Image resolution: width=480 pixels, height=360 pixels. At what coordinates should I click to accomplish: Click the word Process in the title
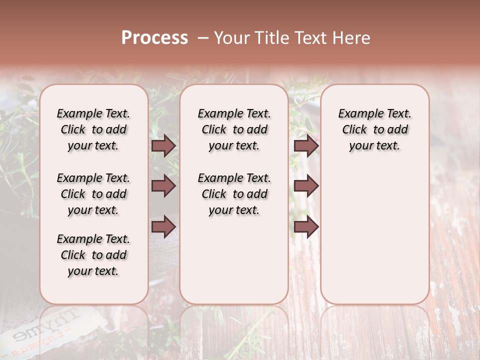[154, 38]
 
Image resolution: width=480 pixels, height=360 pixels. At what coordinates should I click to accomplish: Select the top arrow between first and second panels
[163, 145]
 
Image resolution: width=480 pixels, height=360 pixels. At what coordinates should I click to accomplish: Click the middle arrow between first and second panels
[163, 186]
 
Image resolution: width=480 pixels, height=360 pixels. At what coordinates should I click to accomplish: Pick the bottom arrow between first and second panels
[163, 226]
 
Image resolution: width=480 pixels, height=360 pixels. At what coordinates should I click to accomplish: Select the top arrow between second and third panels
[306, 145]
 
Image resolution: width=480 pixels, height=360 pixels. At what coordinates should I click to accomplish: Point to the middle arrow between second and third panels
[306, 186]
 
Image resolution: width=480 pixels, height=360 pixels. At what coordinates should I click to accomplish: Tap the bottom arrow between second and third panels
[306, 226]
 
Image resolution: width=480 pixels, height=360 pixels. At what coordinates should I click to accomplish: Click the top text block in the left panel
[93, 129]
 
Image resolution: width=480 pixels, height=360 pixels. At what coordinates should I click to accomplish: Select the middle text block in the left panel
[93, 194]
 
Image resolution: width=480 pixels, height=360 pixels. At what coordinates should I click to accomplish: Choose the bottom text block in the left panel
[93, 255]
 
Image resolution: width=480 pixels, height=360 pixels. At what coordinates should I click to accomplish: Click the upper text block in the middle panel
[234, 129]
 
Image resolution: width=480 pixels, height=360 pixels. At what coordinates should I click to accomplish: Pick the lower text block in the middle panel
[234, 194]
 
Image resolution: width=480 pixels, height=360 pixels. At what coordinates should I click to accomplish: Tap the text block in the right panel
[374, 129]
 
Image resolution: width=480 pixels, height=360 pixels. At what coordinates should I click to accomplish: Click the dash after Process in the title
[203, 38]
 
